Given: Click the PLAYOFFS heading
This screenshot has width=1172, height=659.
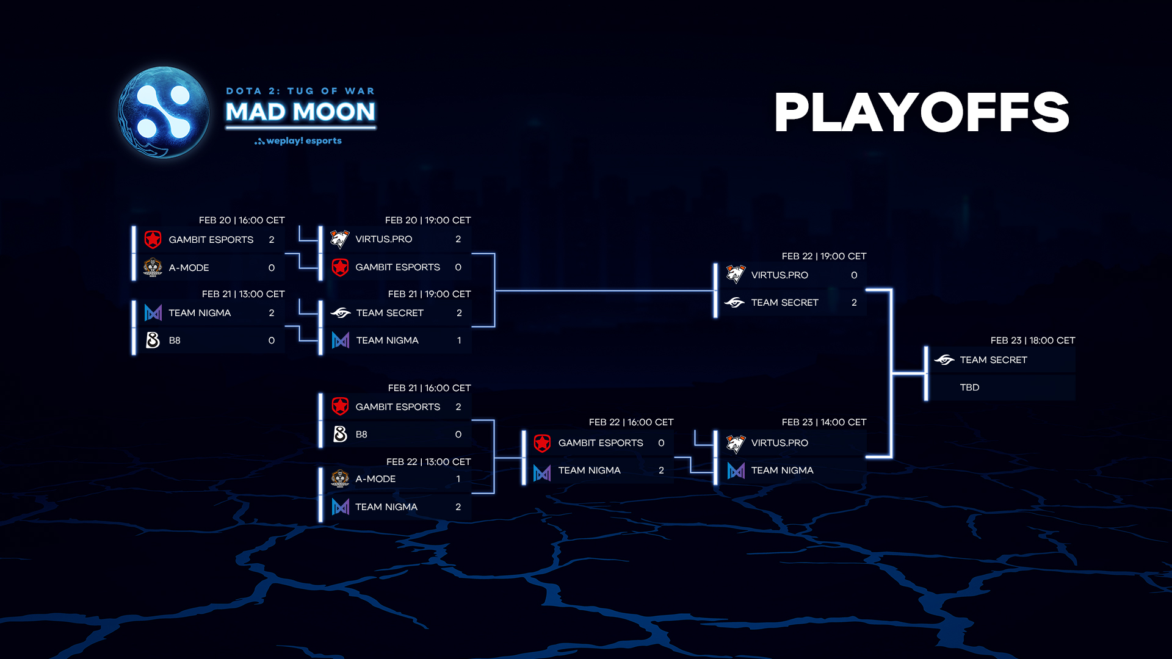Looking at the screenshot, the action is (922, 112).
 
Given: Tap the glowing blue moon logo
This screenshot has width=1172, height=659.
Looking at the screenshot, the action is (164, 112).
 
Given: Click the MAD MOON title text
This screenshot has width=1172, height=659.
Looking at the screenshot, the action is (300, 112).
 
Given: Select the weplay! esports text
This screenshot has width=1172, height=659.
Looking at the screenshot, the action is (298, 141).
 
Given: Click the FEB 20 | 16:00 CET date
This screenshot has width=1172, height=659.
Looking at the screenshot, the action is (242, 220).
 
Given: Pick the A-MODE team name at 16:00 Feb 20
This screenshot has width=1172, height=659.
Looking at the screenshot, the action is (189, 268).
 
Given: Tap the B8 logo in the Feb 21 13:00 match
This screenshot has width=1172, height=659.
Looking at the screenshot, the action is (153, 340).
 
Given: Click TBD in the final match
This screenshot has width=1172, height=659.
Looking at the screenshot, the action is (969, 387).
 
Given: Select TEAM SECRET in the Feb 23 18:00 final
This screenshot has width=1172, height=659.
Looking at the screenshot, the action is (993, 360).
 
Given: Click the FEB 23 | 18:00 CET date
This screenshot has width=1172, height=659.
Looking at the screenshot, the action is (1033, 340).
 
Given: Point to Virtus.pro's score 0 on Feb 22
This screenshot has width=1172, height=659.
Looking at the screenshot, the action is (854, 275).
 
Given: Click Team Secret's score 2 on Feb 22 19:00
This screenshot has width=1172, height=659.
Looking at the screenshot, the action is (854, 303).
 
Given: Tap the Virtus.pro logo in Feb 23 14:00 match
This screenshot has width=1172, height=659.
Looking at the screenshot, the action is (736, 444).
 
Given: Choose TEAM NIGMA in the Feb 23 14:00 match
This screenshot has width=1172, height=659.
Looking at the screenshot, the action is (782, 470).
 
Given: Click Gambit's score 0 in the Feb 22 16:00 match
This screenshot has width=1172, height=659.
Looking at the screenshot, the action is (661, 443).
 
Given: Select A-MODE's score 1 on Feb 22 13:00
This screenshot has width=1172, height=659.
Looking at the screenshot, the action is (458, 479).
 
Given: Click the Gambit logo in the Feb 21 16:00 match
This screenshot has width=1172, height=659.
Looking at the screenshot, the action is (340, 406).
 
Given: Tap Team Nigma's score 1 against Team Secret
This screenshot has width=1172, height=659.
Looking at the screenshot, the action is (459, 340).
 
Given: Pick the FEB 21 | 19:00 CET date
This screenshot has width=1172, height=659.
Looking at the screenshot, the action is (429, 294).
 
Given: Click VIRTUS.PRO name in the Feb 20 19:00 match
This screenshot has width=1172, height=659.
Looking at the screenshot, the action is (383, 239).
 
